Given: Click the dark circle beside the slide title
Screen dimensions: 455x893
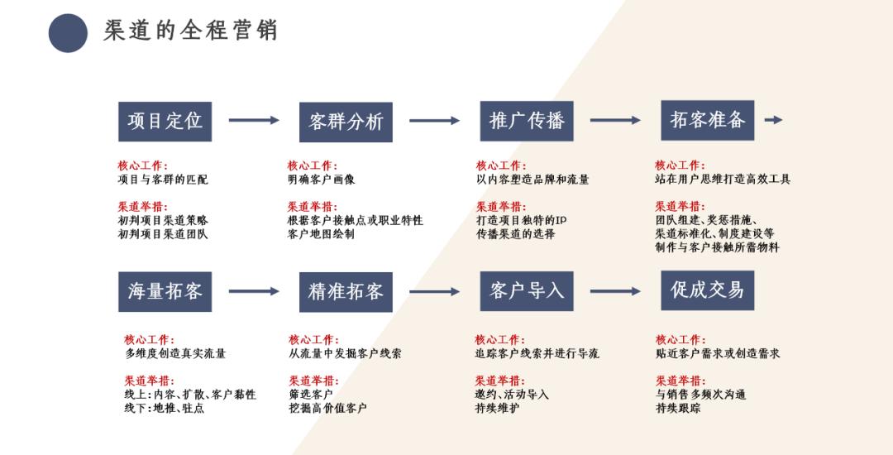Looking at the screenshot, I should [68, 33].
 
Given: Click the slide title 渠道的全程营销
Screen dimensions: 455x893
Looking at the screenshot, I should [190, 31].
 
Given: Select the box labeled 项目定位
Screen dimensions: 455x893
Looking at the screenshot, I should [165, 121].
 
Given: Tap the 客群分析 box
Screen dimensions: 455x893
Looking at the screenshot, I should [346, 122].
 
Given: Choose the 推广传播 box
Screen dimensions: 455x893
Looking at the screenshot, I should [527, 121].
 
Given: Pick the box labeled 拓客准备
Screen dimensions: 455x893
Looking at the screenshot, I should [707, 120].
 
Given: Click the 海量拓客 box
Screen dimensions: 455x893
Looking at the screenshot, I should [165, 291].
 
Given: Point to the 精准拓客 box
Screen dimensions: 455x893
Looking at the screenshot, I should [346, 291].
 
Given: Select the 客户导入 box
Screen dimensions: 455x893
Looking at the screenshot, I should [527, 290].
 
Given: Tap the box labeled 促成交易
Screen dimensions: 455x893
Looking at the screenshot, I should [707, 290].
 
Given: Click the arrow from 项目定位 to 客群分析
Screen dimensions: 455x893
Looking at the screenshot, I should [254, 121].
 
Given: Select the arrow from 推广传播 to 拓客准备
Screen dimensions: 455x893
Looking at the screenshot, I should [615, 121].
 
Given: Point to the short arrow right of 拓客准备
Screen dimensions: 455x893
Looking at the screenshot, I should [773, 120].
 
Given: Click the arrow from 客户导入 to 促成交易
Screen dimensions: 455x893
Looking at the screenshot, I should [615, 291].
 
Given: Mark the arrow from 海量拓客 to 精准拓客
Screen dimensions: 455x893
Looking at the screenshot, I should [254, 291].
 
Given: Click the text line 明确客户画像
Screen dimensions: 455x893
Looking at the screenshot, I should [322, 180].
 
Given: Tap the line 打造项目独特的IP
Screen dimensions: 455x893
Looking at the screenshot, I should [521, 221].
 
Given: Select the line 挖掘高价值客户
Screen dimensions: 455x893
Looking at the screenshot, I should [327, 408].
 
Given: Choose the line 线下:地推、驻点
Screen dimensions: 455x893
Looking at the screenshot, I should [164, 408].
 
